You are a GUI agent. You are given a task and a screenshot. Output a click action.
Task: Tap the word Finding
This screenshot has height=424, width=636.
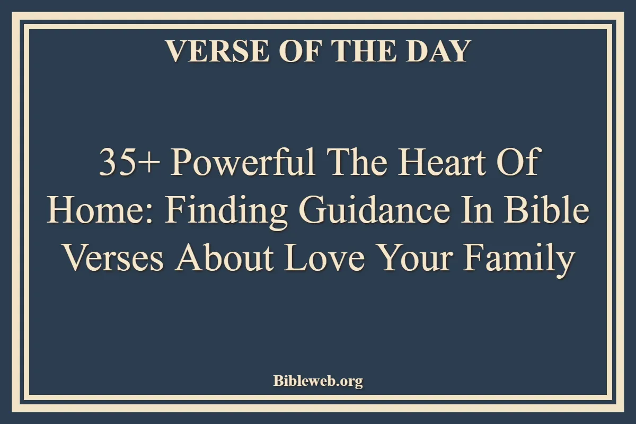(226, 213)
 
